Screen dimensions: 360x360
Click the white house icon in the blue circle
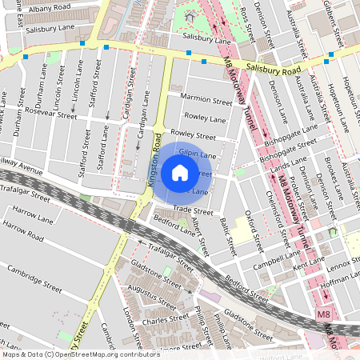click(180, 172)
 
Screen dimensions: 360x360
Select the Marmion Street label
click(206, 100)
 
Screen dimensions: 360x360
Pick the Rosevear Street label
click(51, 113)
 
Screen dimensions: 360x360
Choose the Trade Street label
click(193, 210)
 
